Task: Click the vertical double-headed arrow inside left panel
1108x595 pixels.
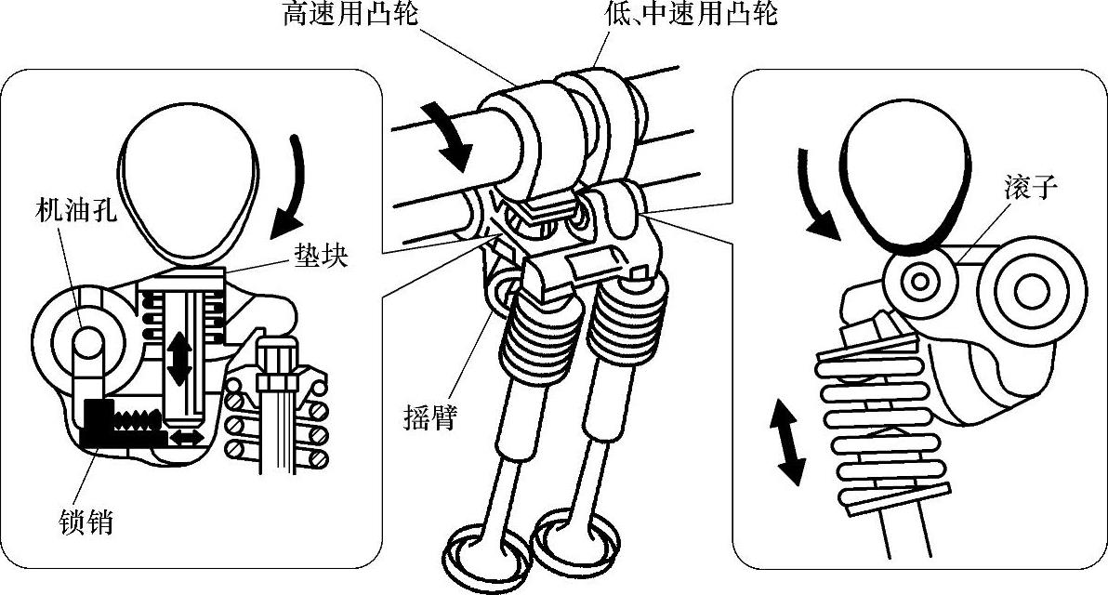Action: click(178, 359)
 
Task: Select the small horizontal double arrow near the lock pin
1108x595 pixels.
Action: click(186, 436)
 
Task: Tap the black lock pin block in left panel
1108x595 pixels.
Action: click(102, 423)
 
